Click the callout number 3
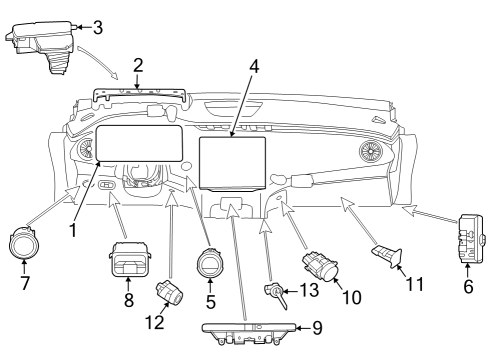point(97,27)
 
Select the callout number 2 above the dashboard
point(138,65)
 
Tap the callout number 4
point(254,66)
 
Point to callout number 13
point(309,290)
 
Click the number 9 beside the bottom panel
point(317,328)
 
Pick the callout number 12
point(155,322)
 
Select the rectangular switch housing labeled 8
point(129,259)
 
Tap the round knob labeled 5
point(210,263)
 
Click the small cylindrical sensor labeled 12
point(170,291)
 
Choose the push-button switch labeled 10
point(320,266)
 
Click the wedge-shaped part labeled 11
point(388,256)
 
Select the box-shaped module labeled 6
point(471,239)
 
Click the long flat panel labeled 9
point(249,333)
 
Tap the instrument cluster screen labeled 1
point(139,143)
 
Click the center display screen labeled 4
point(232,164)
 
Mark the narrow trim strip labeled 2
point(139,93)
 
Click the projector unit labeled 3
point(42,44)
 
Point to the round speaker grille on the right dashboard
point(371,151)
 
